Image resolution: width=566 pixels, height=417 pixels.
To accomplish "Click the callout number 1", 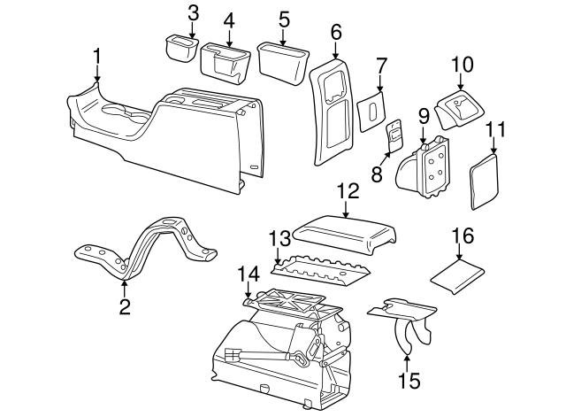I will point(97,59).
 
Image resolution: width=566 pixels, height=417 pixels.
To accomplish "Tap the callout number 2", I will point(125,307).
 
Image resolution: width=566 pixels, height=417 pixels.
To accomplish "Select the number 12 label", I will point(347,190).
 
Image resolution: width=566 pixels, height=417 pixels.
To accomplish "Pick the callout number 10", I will point(463,66).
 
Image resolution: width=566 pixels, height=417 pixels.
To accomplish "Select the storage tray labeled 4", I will point(226,60).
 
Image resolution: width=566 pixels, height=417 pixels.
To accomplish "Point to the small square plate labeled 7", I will point(371,114).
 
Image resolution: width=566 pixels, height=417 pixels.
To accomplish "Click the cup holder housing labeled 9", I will point(425,168).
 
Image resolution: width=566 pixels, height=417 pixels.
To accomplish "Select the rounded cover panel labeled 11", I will point(484,180).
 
